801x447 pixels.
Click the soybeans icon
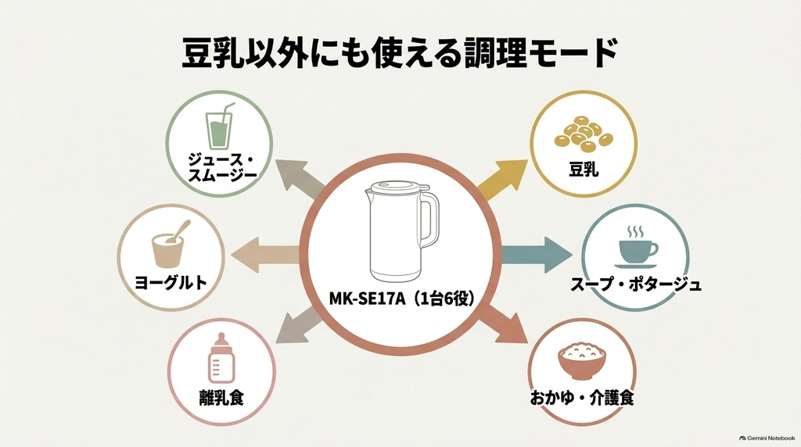coord(584,134)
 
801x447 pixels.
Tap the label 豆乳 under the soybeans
coord(584,170)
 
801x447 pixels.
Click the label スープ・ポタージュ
coord(636,284)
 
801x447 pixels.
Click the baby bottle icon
coord(221,358)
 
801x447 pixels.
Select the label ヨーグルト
coord(171,282)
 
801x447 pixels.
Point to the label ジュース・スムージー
coord(221,168)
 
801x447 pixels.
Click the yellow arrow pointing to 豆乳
coord(503,180)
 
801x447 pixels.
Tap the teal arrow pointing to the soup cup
coord(537,254)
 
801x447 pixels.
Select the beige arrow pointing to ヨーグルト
coord(266,254)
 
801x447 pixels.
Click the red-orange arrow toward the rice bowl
coord(503,324)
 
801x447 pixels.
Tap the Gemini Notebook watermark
coord(767,438)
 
